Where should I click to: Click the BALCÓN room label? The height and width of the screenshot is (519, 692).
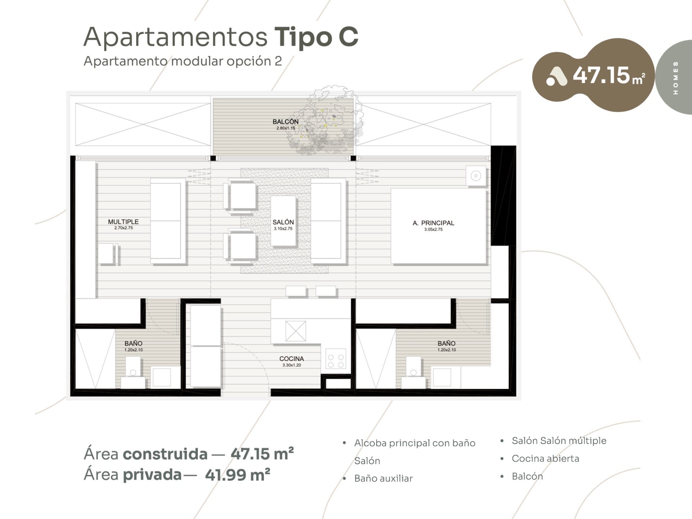(x=285, y=122)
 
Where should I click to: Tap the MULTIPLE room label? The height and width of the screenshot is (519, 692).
(x=123, y=222)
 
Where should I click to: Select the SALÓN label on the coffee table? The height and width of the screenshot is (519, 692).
(x=283, y=222)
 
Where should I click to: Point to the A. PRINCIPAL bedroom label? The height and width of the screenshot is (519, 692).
(x=433, y=223)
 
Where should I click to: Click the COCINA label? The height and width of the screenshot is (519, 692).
(x=292, y=359)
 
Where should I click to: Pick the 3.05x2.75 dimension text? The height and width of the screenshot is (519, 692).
(x=433, y=229)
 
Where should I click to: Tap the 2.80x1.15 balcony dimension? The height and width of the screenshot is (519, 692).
(x=285, y=128)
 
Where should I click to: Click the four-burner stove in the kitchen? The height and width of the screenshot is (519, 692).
(x=336, y=359)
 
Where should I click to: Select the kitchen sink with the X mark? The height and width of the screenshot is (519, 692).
(x=296, y=331)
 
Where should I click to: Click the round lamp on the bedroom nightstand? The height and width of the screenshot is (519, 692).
(x=476, y=176)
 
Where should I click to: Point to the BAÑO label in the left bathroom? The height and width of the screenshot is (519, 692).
(x=133, y=343)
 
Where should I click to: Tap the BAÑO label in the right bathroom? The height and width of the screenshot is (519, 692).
(x=447, y=343)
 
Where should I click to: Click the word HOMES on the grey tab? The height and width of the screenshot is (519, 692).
(x=675, y=78)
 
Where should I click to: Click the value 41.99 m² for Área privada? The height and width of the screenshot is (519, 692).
(x=238, y=475)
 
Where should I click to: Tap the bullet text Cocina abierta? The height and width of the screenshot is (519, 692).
(x=545, y=458)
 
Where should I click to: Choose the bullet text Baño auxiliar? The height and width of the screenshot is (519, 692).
(x=383, y=478)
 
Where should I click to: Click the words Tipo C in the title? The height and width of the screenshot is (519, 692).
(x=316, y=37)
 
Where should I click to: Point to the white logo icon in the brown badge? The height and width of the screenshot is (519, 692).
(x=556, y=77)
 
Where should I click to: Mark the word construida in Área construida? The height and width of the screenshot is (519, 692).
(x=165, y=454)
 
